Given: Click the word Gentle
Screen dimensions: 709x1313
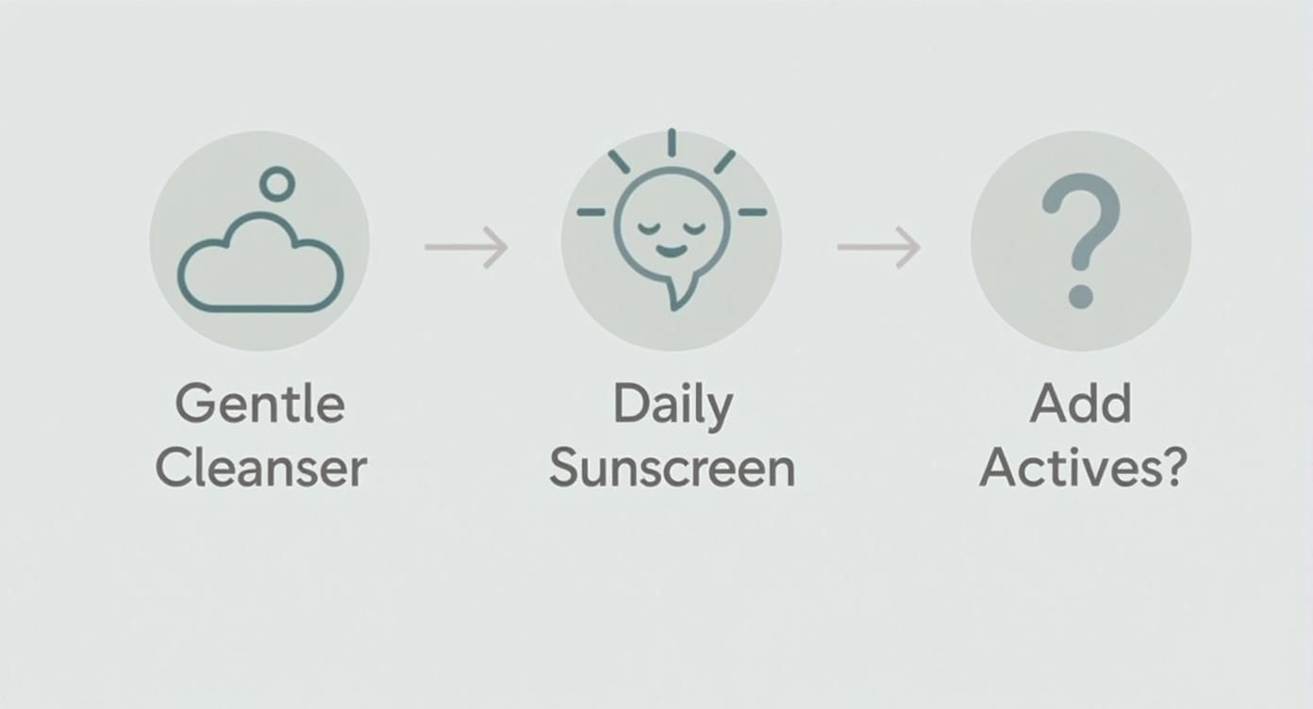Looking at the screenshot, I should (x=259, y=405).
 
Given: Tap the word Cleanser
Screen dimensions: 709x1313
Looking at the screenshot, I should (x=261, y=468).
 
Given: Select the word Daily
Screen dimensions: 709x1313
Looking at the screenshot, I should (x=673, y=405).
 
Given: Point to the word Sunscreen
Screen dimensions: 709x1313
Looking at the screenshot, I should (x=673, y=468).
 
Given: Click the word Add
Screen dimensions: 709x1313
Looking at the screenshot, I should (x=1080, y=405).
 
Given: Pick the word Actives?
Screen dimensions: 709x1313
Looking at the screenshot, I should (x=1082, y=468).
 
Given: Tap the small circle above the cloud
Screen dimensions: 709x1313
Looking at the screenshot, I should (x=277, y=183).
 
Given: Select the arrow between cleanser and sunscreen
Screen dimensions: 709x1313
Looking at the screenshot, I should (x=466, y=247).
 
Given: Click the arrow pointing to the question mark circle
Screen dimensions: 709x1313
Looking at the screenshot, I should (x=878, y=247).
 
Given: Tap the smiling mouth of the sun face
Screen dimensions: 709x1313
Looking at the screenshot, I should (x=671, y=251).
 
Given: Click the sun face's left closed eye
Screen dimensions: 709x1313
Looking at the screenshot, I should (x=648, y=228).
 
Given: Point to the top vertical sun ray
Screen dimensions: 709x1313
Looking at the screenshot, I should (x=672, y=143).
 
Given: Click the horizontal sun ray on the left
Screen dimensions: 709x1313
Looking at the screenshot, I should (x=591, y=213).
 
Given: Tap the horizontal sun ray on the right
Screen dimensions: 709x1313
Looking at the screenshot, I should (x=752, y=213).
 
